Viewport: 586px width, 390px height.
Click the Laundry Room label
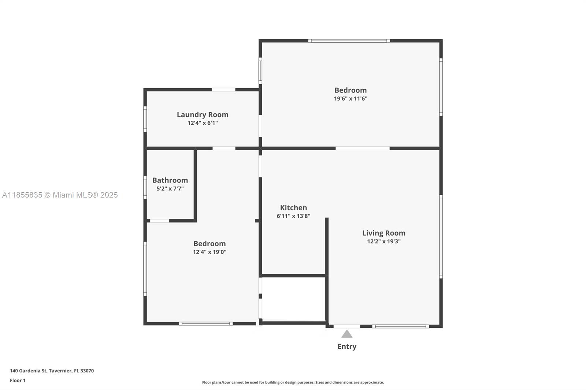(x=203, y=115)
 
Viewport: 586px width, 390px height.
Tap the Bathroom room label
(x=170, y=180)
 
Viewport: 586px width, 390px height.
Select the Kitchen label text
(x=293, y=207)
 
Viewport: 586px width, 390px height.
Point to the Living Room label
(x=383, y=233)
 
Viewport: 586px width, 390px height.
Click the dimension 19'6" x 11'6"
(x=351, y=98)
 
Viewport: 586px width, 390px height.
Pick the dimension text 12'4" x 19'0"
(x=209, y=252)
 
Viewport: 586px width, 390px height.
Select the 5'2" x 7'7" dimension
(x=170, y=189)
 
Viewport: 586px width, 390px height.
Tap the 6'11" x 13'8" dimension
(x=293, y=216)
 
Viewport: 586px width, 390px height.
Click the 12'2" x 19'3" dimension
(x=383, y=241)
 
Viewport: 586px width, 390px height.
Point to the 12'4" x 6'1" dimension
(x=203, y=123)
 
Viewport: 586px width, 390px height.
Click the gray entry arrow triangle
(x=347, y=334)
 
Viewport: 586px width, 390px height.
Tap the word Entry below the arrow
(x=347, y=346)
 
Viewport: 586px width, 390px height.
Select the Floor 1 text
(x=18, y=380)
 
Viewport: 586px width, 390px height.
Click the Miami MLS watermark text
(x=60, y=195)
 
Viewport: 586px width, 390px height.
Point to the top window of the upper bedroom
(x=349, y=41)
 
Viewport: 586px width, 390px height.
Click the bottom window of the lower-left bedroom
(x=205, y=323)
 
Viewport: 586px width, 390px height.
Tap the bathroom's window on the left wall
(x=145, y=187)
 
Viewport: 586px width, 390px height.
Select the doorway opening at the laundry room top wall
(x=223, y=89)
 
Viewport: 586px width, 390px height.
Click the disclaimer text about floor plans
(x=293, y=382)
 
